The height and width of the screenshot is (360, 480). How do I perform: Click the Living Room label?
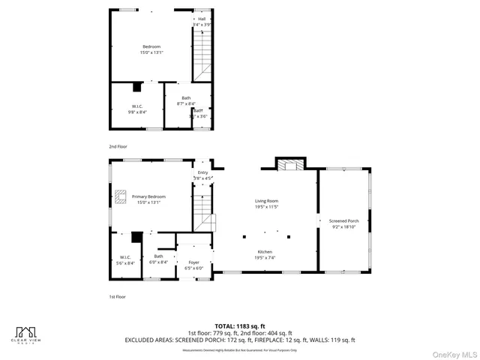click(x=266, y=201)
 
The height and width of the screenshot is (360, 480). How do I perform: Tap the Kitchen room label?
click(x=265, y=252)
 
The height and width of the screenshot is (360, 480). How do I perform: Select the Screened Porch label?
click(x=343, y=220)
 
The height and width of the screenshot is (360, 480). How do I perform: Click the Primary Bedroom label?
click(x=148, y=196)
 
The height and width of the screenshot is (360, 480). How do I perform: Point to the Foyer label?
click(x=193, y=263)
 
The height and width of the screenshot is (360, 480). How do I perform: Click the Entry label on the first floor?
click(x=202, y=172)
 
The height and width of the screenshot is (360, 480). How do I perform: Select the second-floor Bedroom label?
click(x=152, y=47)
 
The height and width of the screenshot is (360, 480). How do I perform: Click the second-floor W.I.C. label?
click(x=137, y=106)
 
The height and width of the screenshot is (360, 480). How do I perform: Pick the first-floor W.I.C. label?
click(x=126, y=259)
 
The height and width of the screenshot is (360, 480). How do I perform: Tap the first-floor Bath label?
click(x=158, y=256)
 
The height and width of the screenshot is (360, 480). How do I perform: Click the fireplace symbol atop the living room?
click(x=290, y=164)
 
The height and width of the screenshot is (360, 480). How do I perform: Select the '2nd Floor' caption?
click(x=118, y=146)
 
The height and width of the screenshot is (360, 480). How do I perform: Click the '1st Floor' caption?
click(x=118, y=297)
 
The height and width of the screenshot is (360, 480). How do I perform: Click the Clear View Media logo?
click(x=27, y=334)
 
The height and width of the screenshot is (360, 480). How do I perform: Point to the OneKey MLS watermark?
click(x=451, y=352)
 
